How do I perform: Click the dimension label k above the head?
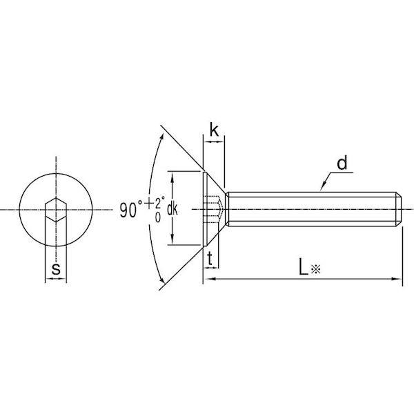pyautogui.click(x=214, y=130)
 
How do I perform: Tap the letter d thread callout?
pyautogui.click(x=342, y=163)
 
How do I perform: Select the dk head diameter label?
pyautogui.click(x=172, y=209)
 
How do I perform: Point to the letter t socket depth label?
pyautogui.click(x=210, y=259)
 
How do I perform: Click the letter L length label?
pyautogui.click(x=304, y=266)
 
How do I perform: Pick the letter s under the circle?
pyautogui.click(x=56, y=269)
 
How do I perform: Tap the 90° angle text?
pyautogui.click(x=131, y=209)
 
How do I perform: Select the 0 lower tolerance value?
pyautogui.click(x=158, y=217)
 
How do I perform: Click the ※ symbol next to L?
pyautogui.click(x=315, y=269)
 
